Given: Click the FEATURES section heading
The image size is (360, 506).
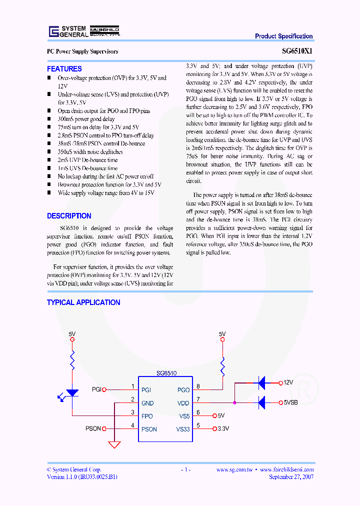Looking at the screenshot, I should click(x=64, y=69).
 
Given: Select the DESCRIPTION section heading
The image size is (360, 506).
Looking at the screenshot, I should click(x=69, y=216).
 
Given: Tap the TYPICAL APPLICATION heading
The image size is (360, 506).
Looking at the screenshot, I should click(x=83, y=302).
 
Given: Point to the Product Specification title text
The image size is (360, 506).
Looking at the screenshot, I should click(x=283, y=36).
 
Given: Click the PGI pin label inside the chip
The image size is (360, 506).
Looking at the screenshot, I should click(x=146, y=390).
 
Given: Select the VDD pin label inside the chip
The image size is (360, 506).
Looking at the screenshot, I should click(x=183, y=403).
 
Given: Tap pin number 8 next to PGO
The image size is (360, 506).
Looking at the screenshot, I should click(x=198, y=386).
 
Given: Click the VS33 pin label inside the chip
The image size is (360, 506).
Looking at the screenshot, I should click(x=182, y=429).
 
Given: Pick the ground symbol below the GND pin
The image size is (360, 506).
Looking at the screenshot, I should click(x=114, y=444).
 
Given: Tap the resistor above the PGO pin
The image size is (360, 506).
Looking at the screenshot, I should click(x=222, y=369).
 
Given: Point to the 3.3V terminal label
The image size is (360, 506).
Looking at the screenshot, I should click(x=223, y=429).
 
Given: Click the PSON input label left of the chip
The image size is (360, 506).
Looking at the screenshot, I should click(x=93, y=429).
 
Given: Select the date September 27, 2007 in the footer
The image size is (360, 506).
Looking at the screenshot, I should click(x=291, y=477).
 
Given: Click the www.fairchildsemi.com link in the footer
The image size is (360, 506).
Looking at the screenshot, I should click(x=286, y=469).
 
